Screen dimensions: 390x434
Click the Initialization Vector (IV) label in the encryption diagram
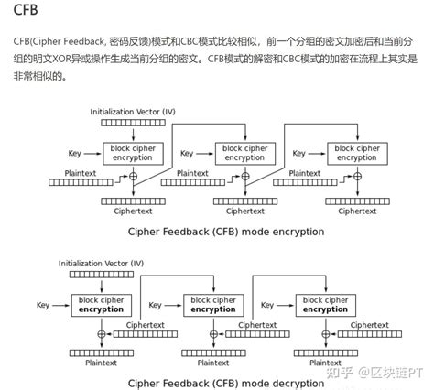(x=133, y=111)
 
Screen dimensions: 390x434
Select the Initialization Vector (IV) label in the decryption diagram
(x=102, y=263)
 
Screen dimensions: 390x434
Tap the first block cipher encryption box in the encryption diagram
(x=134, y=152)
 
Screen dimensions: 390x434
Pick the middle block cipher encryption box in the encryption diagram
(x=244, y=152)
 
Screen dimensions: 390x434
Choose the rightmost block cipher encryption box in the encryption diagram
(x=354, y=152)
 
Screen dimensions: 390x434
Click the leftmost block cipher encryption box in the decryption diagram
(x=102, y=304)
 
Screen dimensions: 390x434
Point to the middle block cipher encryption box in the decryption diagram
(x=213, y=304)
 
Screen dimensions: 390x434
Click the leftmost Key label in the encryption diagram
(x=78, y=152)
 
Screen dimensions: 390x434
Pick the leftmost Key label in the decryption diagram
(x=43, y=304)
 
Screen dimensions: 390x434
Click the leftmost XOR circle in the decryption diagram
(x=102, y=334)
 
